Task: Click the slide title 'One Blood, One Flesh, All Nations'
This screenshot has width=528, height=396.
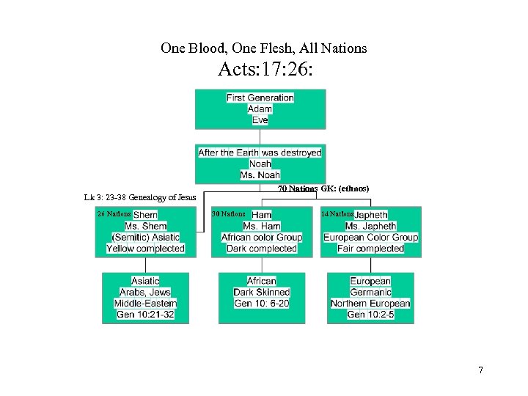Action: (263, 48)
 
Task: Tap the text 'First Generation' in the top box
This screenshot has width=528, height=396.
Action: (260, 98)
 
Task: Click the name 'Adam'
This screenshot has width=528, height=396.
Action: (260, 109)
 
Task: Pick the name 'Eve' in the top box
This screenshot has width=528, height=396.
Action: (260, 120)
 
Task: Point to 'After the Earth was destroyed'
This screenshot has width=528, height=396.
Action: (260, 153)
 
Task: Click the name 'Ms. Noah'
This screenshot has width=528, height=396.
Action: (260, 175)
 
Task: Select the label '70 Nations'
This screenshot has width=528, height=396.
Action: (298, 189)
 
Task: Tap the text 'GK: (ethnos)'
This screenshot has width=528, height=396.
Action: (345, 189)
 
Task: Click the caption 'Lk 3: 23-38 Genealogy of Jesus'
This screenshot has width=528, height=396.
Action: (140, 197)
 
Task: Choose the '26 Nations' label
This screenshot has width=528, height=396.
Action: (114, 214)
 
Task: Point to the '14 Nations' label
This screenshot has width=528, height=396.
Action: (337, 214)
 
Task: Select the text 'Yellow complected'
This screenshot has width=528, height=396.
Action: (146, 249)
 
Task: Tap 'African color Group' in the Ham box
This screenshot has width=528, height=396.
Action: (262, 238)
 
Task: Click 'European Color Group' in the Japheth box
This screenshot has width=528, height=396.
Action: (371, 238)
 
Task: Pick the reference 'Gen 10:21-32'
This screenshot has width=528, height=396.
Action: (146, 315)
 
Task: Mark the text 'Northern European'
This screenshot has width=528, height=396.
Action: (370, 304)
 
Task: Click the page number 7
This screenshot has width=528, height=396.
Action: (480, 370)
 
